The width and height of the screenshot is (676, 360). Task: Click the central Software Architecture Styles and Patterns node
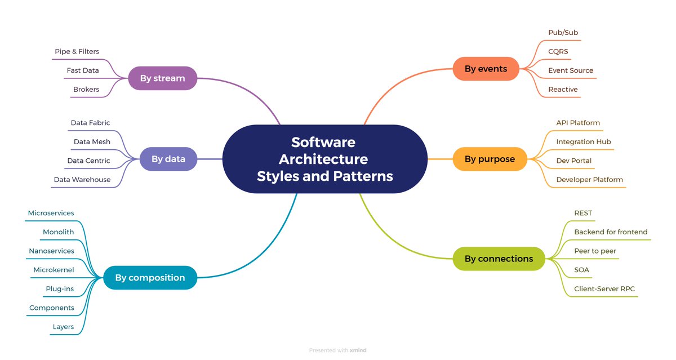[324, 159]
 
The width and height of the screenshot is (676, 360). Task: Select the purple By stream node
[162, 78]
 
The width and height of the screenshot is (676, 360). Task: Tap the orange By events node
[486, 69]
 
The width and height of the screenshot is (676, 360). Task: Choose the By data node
[168, 159]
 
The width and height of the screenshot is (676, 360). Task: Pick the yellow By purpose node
[490, 159]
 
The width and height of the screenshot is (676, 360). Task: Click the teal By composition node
[150, 278]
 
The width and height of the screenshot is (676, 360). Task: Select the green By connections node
[499, 259]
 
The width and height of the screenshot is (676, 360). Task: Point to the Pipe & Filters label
[77, 52]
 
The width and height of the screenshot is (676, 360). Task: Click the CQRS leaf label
[558, 52]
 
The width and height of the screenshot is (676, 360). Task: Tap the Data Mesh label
[92, 142]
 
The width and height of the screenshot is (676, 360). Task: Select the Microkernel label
[54, 270]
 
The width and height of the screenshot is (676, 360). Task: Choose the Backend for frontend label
[611, 232]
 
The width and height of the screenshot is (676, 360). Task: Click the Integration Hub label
[584, 142]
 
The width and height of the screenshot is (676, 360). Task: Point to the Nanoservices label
[51, 251]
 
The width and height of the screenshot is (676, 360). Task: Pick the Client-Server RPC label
[604, 289]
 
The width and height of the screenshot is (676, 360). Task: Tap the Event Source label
[571, 70]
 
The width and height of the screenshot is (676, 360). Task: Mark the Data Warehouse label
[82, 180]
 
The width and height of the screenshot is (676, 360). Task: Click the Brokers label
[86, 90]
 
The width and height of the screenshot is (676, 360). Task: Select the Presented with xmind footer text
[338, 350]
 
